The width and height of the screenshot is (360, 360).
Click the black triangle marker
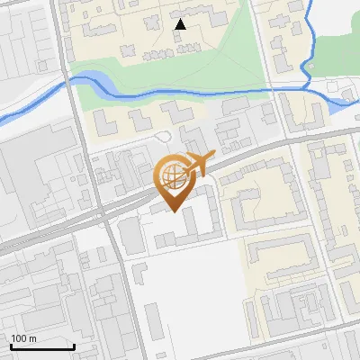click(x=180, y=24)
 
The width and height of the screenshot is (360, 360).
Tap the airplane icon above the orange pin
click(x=200, y=162)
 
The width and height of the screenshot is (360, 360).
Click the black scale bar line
click(x=41, y=347)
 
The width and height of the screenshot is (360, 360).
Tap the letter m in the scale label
click(x=32, y=338)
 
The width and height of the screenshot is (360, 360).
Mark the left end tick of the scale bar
click(x=10, y=346)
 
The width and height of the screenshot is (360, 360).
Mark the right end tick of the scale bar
click(x=74, y=346)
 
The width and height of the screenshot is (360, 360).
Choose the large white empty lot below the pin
click(x=193, y=288)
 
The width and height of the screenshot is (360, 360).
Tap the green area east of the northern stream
click(x=337, y=36)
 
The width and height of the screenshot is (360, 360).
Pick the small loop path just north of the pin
click(x=163, y=136)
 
